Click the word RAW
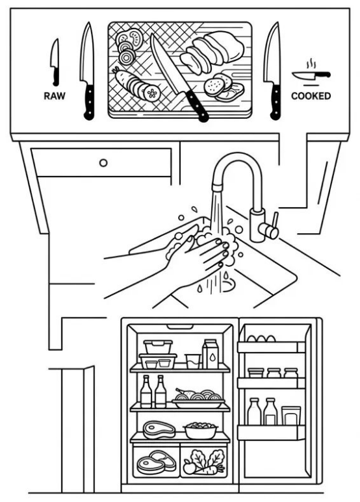(55, 95)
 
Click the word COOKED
(311, 95)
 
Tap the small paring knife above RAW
(55, 62)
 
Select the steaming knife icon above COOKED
(311, 74)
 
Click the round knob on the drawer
(103, 162)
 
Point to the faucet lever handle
(274, 220)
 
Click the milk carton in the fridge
(211, 354)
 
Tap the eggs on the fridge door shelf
(261, 338)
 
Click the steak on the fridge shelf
(159, 429)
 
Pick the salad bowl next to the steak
(201, 431)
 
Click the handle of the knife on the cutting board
(197, 106)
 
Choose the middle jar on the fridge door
(274, 373)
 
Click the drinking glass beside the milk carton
(193, 361)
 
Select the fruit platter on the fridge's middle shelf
(198, 399)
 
